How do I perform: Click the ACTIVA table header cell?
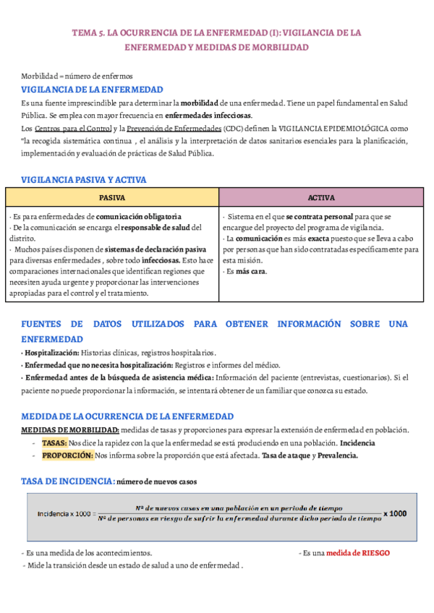coord(321,197)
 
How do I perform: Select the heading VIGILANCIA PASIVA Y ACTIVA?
coord(84,179)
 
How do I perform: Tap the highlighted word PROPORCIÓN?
coord(67,455)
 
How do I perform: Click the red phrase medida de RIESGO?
coord(357,552)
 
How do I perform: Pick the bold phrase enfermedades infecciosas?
coord(208,116)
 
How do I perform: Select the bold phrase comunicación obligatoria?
coord(139,216)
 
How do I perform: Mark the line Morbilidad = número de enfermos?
coord(66,76)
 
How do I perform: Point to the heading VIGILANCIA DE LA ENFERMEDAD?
coord(92,90)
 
